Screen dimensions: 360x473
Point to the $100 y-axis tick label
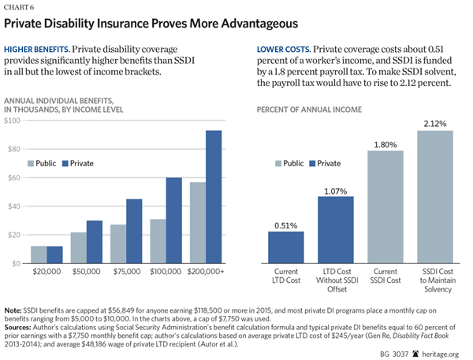tap(15, 121)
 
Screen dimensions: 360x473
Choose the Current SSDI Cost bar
tap(385, 206)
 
